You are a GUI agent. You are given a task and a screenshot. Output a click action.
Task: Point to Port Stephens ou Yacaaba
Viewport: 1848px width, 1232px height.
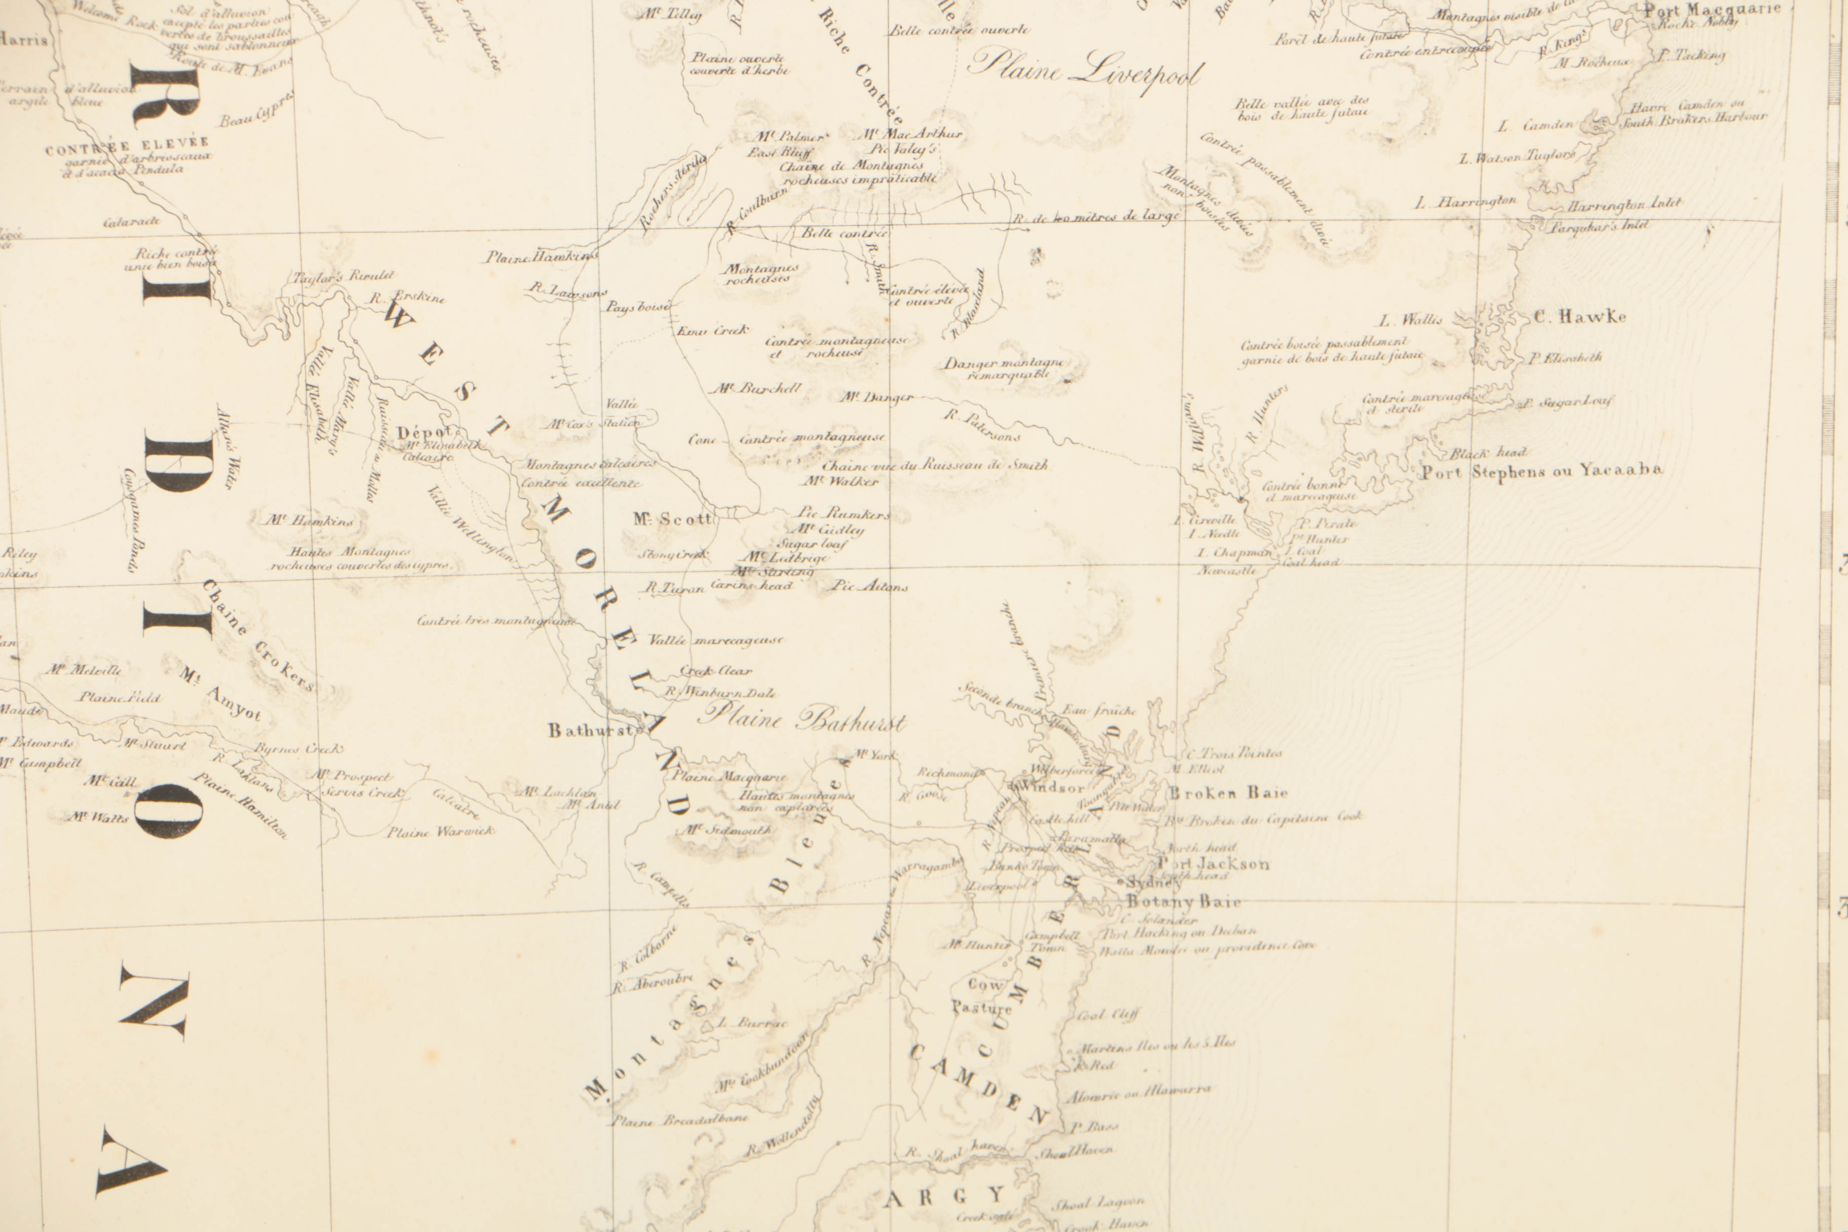coord(1542,472)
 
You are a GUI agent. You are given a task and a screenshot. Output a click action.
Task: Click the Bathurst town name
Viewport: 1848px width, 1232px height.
coord(591,730)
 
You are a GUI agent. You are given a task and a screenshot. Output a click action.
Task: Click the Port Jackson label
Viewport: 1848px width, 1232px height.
coord(1214,864)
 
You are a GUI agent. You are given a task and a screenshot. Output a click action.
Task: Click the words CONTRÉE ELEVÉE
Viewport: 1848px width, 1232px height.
coord(127,146)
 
